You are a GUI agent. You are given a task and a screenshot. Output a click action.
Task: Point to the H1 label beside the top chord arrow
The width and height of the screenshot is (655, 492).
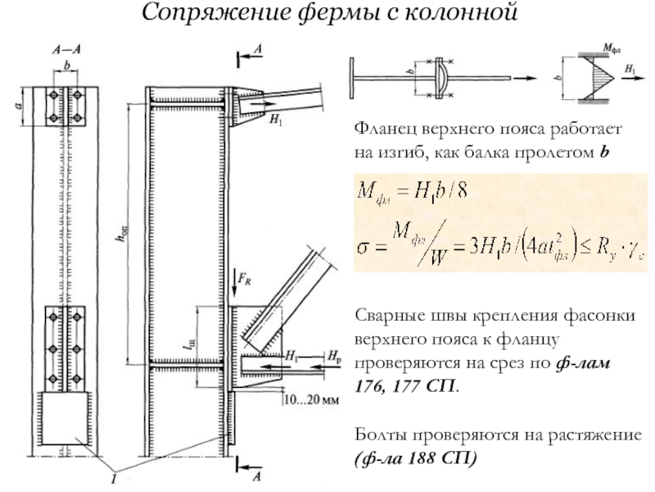click(275, 120)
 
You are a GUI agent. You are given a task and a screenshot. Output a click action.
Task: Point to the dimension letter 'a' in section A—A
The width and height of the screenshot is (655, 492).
click(19, 105)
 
